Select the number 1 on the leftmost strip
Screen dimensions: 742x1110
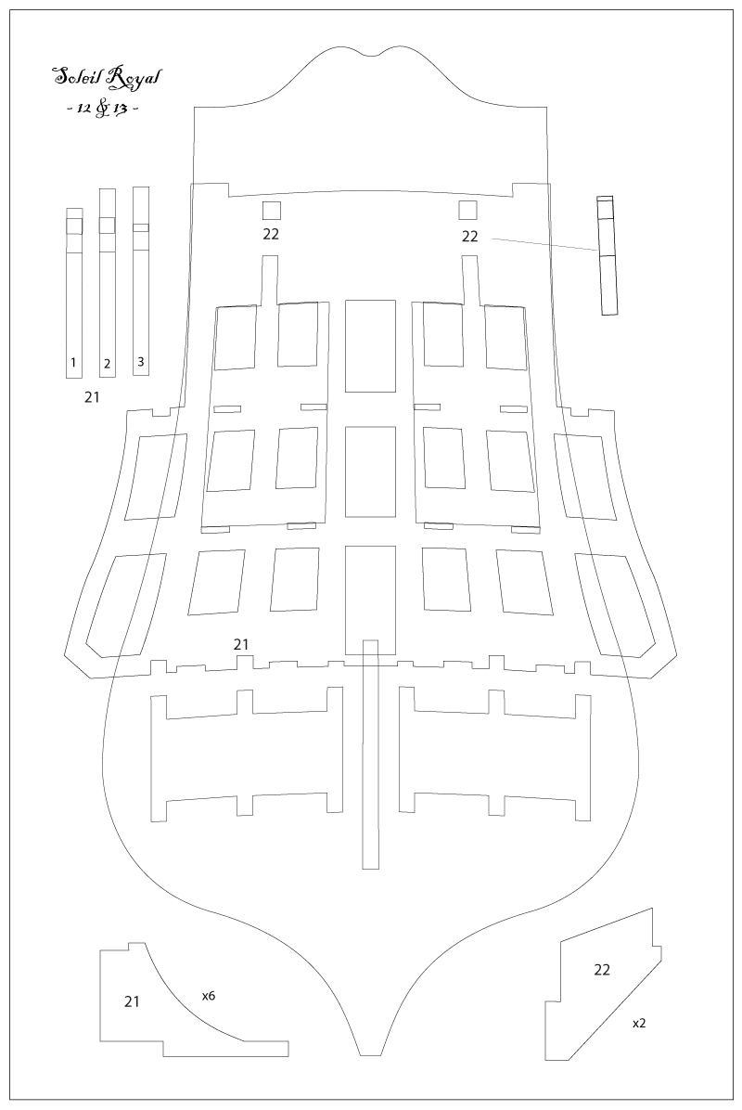click(x=73, y=363)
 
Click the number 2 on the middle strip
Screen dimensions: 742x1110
click(x=107, y=364)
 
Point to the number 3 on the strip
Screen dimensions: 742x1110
click(x=141, y=361)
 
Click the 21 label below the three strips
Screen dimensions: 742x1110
click(x=92, y=397)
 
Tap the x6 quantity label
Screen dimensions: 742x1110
click(x=208, y=996)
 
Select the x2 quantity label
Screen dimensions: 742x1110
click(x=639, y=1023)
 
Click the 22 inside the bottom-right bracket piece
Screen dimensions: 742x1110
click(x=602, y=970)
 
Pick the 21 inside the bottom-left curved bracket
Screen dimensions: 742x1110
click(x=132, y=1001)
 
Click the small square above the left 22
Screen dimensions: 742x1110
click(x=272, y=211)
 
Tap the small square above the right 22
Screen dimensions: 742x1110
click(x=467, y=211)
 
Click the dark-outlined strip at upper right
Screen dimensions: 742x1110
click(x=607, y=255)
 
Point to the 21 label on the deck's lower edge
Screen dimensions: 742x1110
click(x=241, y=644)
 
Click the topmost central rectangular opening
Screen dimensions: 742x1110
click(x=370, y=345)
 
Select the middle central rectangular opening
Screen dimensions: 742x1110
click(x=370, y=471)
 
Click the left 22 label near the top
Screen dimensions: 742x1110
click(x=271, y=234)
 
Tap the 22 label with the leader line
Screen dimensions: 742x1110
click(x=469, y=237)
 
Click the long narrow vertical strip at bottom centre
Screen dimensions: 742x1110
click(x=370, y=754)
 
